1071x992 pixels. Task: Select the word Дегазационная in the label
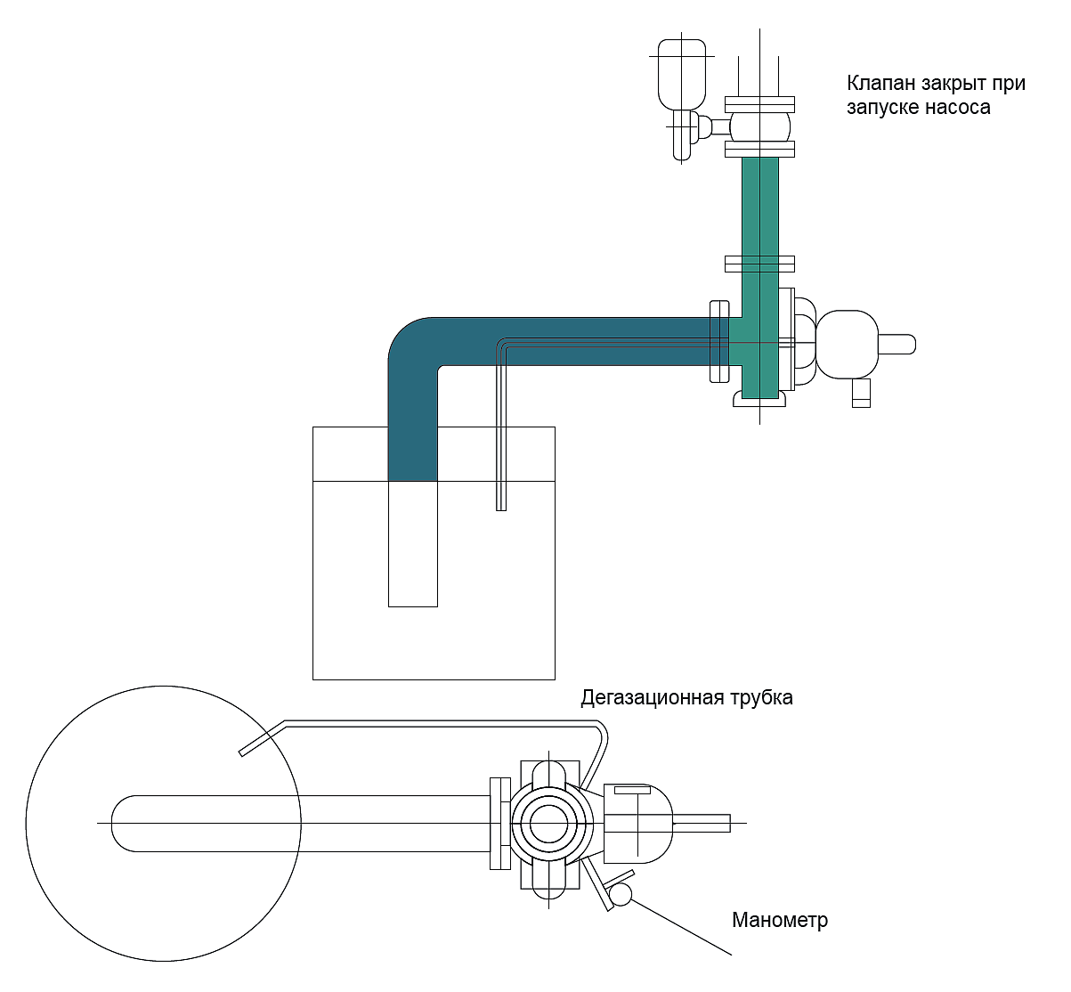(x=653, y=698)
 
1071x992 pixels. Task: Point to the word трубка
(x=761, y=698)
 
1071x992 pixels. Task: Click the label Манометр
(x=780, y=920)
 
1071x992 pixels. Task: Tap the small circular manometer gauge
(x=621, y=894)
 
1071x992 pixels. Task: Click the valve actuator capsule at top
(x=682, y=75)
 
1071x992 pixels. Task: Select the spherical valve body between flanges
(x=759, y=126)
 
